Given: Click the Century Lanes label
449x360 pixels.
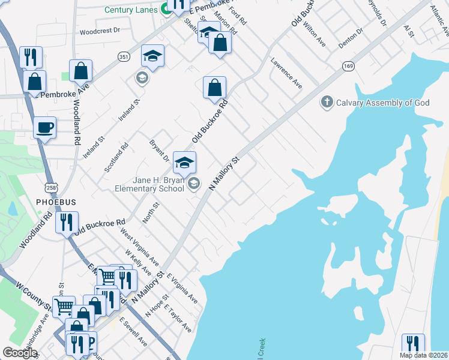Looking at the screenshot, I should coord(131,10).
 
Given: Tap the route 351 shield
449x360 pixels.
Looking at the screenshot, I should coord(124,57).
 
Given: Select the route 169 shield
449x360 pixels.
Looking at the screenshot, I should coord(348,65).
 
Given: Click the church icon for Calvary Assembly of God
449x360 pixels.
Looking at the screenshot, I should coord(327,102).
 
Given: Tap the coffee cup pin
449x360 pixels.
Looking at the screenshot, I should coord(45,128).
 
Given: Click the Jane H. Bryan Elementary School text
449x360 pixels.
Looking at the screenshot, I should coord(149,184).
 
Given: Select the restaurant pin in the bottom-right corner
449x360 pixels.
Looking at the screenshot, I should coord(412,344).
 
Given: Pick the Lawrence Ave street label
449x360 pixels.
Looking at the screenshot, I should coord(286,73).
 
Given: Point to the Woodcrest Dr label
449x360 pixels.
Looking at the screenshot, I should coord(100,29).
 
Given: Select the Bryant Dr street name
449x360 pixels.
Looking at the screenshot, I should coord(159,152).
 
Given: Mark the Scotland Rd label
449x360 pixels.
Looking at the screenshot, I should coord(116,158).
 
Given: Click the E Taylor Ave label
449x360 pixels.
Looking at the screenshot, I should coord(179,321).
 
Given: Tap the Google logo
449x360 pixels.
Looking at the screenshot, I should coord(20,353).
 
